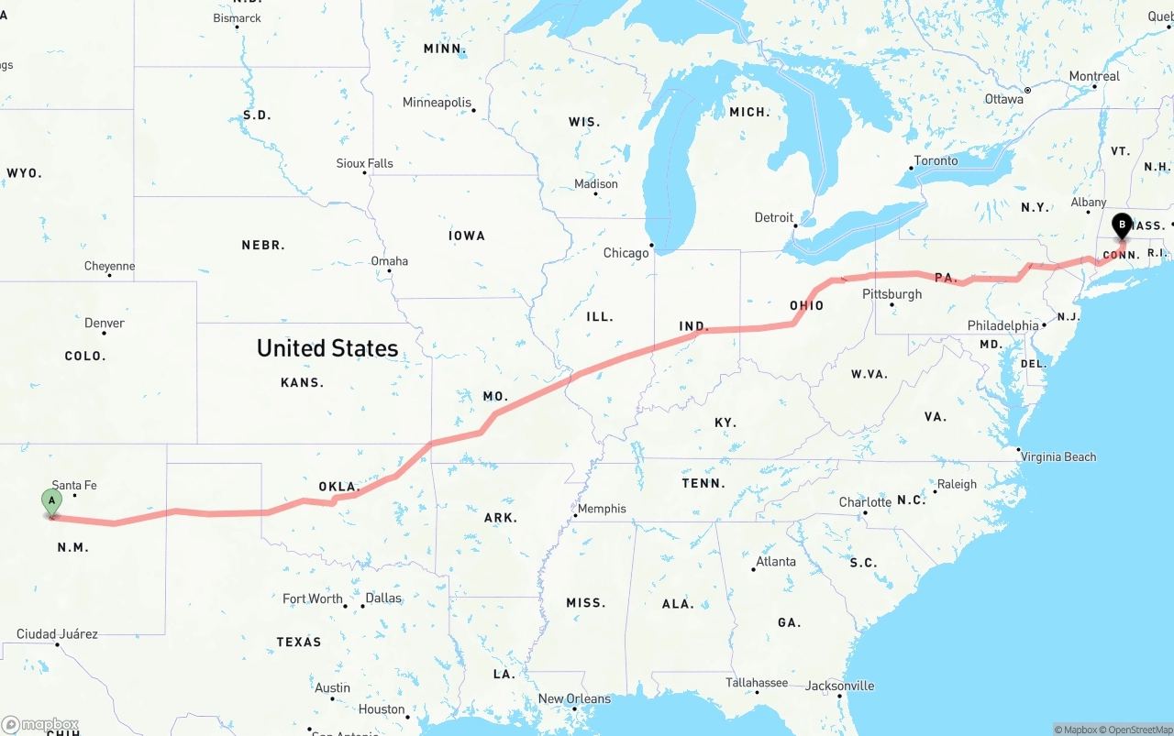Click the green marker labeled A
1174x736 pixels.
coord(52,501)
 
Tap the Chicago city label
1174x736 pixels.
coord(626,253)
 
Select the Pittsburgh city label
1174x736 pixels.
coord(892,294)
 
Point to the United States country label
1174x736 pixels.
coord(327,348)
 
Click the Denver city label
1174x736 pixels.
coord(105,323)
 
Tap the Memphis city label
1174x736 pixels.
coord(602,509)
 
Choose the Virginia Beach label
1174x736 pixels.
coord(1058,456)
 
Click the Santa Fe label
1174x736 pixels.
coord(74,485)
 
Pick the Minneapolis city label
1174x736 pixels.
coord(437,103)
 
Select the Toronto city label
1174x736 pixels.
coord(936,160)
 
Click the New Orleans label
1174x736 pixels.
coord(574,698)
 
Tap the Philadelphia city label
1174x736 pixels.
coord(1002,325)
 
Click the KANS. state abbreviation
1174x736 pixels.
coord(302,382)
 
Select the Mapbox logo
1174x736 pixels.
coord(40,725)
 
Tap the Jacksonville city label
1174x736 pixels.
coord(839,686)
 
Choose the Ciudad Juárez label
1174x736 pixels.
coord(57,633)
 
